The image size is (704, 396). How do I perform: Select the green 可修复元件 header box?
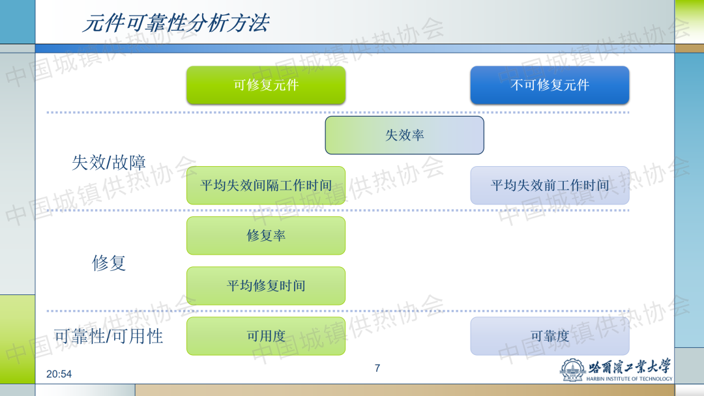pos(266,85)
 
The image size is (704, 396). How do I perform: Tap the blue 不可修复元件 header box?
pos(550,85)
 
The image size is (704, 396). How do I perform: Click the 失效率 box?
pos(405,135)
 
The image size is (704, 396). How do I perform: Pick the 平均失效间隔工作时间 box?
pos(266,185)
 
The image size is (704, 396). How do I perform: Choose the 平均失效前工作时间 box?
pos(550,185)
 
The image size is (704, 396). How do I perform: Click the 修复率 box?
pos(266,235)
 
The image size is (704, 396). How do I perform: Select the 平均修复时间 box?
pos(266,286)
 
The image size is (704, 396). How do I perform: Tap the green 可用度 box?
pos(266,336)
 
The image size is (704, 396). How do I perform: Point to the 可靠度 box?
pos(550,336)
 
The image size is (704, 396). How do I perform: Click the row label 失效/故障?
pos(109,162)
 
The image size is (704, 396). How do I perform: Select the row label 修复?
pos(109,262)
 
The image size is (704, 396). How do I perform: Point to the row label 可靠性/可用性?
pos(109,336)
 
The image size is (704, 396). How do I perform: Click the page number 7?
pos(377,368)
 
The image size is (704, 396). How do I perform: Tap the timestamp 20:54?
pos(59,374)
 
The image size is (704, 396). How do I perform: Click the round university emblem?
pos(572,370)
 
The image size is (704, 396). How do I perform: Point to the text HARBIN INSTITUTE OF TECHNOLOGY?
pos(629,379)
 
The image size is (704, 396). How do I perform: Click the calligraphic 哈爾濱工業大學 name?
pos(630,367)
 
